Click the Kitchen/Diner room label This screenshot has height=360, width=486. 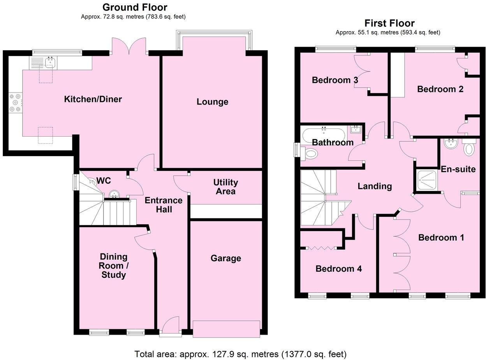[93, 99]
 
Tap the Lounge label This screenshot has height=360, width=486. [212, 102]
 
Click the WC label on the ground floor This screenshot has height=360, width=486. [104, 181]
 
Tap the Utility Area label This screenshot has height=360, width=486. [225, 187]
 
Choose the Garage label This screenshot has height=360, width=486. [226, 258]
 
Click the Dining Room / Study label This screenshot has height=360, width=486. [113, 266]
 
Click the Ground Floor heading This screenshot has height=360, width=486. [135, 7]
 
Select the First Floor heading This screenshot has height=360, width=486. [389, 23]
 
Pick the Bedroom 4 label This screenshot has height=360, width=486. [338, 269]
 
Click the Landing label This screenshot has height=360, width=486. [375, 186]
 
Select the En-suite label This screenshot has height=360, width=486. [458, 169]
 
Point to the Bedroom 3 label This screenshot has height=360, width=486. [335, 80]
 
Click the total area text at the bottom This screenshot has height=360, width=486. [240, 354]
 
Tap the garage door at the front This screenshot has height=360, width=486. [226, 329]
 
